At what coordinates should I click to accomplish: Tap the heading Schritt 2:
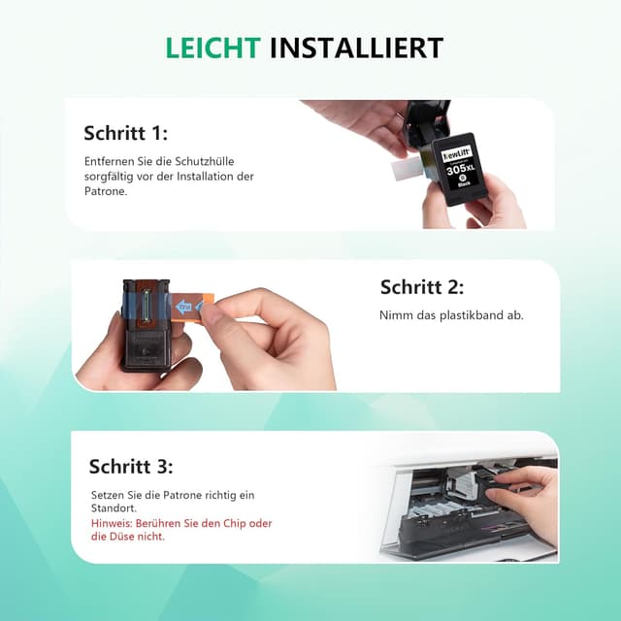[x=421, y=287]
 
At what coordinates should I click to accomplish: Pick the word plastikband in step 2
[x=458, y=315]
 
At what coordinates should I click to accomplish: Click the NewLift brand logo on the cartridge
[x=457, y=153]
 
